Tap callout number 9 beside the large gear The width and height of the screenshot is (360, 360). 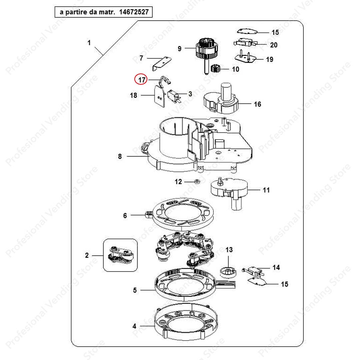click(180, 49)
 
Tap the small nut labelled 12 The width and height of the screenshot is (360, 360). click(197, 182)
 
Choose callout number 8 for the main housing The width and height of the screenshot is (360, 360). click(120, 156)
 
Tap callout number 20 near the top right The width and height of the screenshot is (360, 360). click(274, 45)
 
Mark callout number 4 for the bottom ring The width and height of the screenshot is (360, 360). click(134, 326)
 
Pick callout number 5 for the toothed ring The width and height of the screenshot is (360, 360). click(135, 290)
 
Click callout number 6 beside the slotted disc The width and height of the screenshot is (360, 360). click(125, 216)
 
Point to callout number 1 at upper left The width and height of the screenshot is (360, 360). click(89, 43)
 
